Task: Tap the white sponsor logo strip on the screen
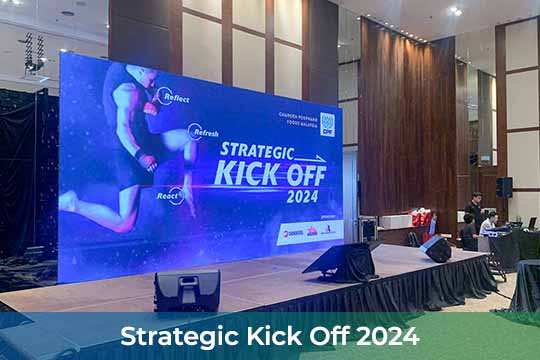tap(309, 231)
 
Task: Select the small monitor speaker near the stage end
tap(435, 249)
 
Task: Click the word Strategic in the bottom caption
tap(175, 335)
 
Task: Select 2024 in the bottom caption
tap(388, 335)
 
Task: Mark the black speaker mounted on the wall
tap(504, 187)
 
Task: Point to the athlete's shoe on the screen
tap(67, 200)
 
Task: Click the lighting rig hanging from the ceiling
tap(33, 55)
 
